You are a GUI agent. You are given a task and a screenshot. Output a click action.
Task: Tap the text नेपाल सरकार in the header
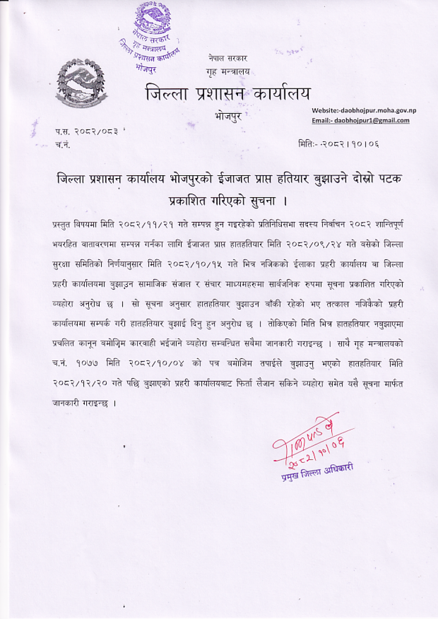(x=228, y=58)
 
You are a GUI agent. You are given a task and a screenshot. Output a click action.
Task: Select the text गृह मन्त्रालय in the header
(x=228, y=72)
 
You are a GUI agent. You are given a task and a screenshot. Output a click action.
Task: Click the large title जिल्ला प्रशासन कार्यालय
(x=228, y=93)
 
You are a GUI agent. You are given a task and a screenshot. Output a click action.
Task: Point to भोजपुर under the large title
(x=228, y=115)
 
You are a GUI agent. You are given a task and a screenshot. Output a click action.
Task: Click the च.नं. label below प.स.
(x=62, y=144)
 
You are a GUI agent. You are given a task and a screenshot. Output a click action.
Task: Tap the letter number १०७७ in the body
(x=86, y=364)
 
